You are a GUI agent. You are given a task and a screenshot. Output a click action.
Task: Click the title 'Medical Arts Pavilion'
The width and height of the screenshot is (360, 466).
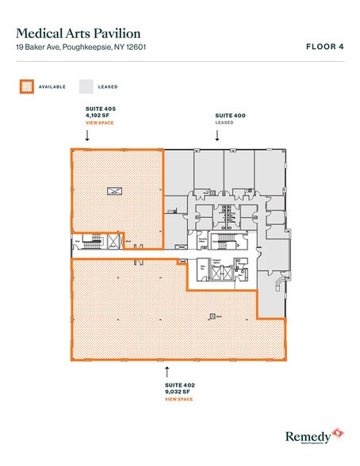79,33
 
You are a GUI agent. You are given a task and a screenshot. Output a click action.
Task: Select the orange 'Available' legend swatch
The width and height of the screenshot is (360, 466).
26,86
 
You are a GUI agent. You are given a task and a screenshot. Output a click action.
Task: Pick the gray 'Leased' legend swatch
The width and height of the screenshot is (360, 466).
84,86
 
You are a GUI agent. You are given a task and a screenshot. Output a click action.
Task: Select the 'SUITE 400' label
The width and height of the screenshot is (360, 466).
231,116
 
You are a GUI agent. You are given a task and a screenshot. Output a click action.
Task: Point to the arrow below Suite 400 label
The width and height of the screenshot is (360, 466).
217,136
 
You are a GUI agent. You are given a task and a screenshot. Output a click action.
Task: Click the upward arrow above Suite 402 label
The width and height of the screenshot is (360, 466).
167,369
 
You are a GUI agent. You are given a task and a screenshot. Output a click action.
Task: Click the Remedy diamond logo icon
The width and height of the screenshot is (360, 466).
336,433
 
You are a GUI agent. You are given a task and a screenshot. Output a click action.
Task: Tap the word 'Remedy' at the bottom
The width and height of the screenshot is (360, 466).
307,434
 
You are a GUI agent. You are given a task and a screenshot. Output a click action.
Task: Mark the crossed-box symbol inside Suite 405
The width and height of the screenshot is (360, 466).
113,190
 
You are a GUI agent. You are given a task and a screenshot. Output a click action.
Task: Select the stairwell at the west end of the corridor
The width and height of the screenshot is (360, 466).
96,240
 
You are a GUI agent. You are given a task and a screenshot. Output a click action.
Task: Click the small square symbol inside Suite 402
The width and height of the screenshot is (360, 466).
212,316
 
